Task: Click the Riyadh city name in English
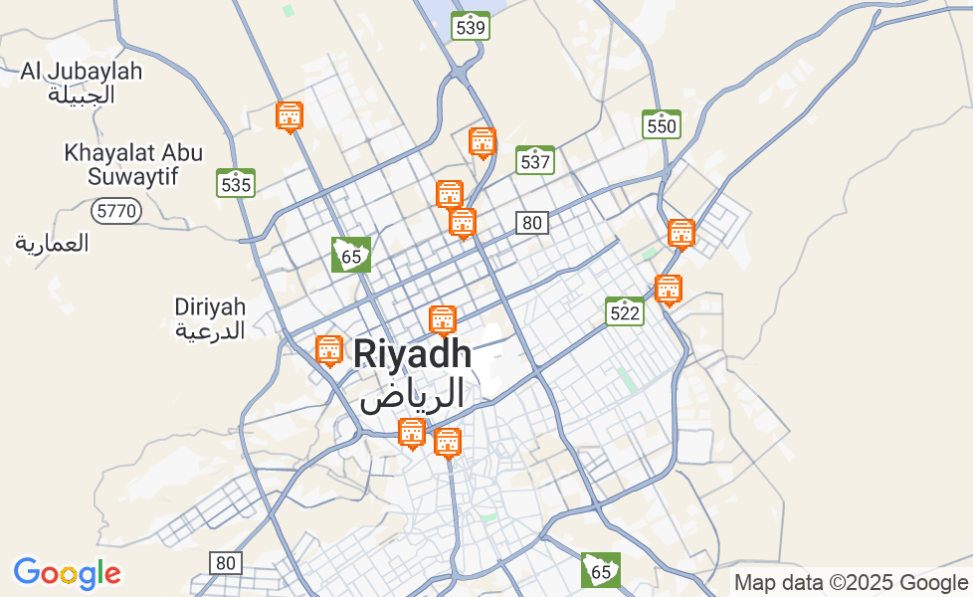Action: [x=412, y=354]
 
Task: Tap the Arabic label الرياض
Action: [x=412, y=394]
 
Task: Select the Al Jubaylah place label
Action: [x=82, y=72]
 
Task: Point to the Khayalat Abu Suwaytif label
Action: [x=133, y=165]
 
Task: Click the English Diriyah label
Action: [x=210, y=305]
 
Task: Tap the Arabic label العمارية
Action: [x=52, y=242]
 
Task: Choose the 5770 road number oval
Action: [x=116, y=211]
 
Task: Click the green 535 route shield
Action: [x=236, y=183]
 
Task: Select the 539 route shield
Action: [x=470, y=27]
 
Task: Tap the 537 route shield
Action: [x=535, y=160]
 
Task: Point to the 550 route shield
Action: [x=662, y=124]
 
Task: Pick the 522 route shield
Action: [x=625, y=311]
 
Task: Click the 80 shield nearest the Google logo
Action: [x=226, y=563]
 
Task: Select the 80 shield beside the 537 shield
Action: [x=532, y=223]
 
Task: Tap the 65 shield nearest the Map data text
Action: [x=601, y=570]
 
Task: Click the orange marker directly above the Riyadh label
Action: [x=443, y=320]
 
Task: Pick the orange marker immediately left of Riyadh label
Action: [x=329, y=350]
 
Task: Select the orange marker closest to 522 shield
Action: [x=669, y=290]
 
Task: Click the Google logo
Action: [x=67, y=573]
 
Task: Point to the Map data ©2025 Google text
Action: [x=851, y=583]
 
